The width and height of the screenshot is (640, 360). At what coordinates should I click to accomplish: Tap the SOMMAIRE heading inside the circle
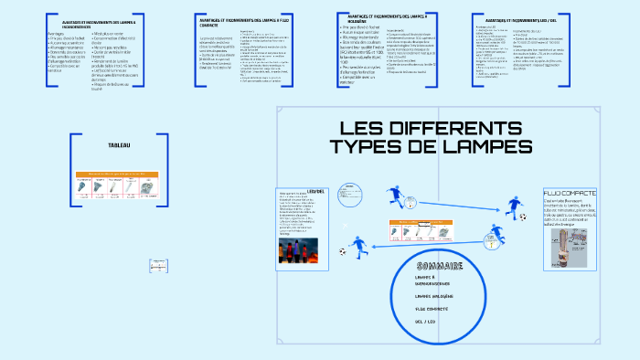(439, 266)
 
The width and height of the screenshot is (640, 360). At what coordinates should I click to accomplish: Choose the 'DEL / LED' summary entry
(428, 322)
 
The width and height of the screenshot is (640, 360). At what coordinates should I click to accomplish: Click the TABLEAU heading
(120, 145)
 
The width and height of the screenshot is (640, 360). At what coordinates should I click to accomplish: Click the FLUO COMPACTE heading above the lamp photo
(569, 194)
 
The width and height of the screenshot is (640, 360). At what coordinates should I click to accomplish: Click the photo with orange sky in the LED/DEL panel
(301, 249)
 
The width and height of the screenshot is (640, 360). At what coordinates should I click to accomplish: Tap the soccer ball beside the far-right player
(523, 217)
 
